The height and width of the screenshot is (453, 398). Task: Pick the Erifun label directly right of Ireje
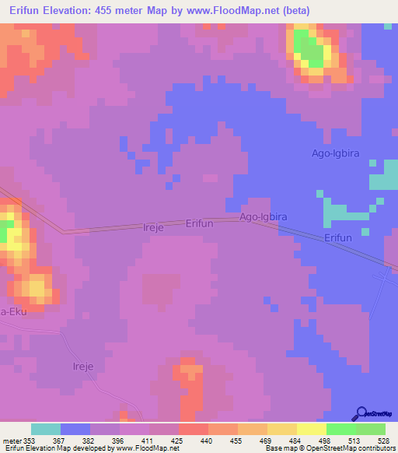click(x=199, y=223)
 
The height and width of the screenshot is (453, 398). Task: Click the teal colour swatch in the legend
click(x=46, y=429)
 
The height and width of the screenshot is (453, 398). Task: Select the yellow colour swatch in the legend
click(x=310, y=429)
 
